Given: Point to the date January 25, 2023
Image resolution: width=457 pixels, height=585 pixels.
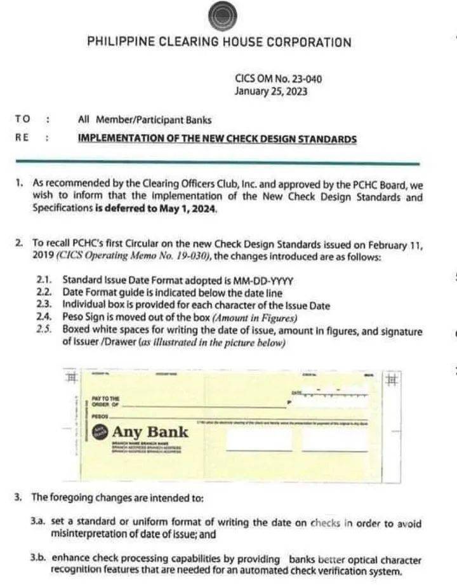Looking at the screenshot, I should [271, 91].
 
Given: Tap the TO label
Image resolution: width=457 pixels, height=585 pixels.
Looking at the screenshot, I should [22, 119].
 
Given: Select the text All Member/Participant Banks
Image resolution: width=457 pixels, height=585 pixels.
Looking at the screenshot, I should [144, 119].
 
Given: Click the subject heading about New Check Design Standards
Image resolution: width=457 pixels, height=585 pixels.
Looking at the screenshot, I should [216, 138].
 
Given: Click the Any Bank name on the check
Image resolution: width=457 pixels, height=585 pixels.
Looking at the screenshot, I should [150, 432].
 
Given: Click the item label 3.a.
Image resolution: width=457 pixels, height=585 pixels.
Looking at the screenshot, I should [37, 523].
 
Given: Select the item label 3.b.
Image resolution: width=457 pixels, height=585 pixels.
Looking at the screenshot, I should [37, 560].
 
